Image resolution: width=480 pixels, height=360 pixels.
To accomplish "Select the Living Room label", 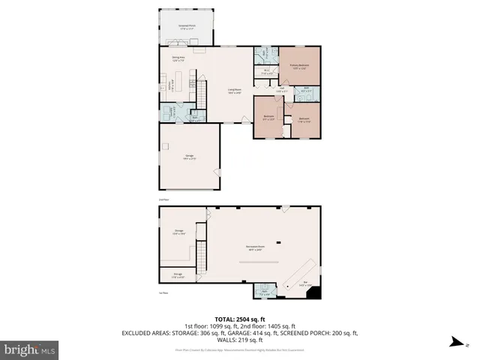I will point(235,91).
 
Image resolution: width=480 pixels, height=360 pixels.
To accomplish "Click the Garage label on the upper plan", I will point(189,156).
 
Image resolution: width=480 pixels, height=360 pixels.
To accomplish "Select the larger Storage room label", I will point(179,232).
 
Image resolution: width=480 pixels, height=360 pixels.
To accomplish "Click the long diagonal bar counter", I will point(297,272).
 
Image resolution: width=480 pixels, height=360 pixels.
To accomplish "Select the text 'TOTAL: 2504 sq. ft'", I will point(239,318).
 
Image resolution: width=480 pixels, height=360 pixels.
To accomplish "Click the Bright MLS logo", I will point(30,349).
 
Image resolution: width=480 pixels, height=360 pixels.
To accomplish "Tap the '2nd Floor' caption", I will point(163,199).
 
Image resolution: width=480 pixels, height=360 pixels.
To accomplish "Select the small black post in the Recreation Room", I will point(276,241).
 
